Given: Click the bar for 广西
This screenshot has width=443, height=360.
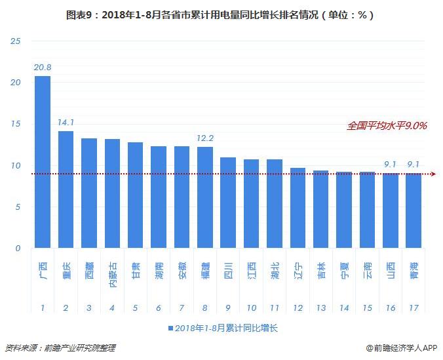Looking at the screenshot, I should pyautogui.click(x=43, y=162).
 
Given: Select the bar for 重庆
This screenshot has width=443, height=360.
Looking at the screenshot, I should pyautogui.click(x=66, y=190).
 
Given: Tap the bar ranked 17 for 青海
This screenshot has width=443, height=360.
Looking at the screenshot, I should pyautogui.click(x=414, y=210).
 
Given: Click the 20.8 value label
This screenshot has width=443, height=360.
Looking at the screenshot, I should pyautogui.click(x=43, y=67).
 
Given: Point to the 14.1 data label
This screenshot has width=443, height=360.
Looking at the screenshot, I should pyautogui.click(x=66, y=121).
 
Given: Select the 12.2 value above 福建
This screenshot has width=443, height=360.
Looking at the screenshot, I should pyautogui.click(x=205, y=138).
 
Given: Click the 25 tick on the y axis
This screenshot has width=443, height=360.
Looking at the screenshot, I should pyautogui.click(x=16, y=41).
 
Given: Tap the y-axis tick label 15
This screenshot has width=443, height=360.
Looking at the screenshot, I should pyautogui.click(x=16, y=124).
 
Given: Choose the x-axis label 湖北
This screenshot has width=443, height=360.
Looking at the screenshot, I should pyautogui.click(x=275, y=270).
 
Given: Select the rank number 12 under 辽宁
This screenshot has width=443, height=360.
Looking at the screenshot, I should pyautogui.click(x=298, y=308).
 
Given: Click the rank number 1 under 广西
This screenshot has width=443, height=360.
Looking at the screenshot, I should pyautogui.click(x=43, y=308).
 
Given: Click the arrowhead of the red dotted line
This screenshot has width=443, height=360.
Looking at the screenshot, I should pyautogui.click(x=433, y=174).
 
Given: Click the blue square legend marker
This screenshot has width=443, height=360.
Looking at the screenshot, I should pyautogui.click(x=170, y=328).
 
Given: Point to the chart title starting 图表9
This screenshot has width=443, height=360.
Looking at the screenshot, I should pyautogui.click(x=221, y=14).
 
